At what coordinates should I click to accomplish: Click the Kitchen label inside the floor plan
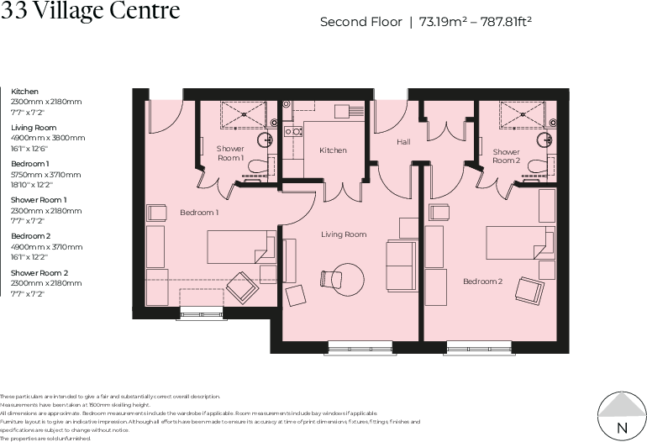pyautogui.click(x=333, y=150)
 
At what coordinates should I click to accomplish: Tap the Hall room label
pyautogui.click(x=404, y=143)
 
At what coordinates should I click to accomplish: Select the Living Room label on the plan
pyautogui.click(x=344, y=234)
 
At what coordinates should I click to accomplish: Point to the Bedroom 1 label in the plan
pyautogui.click(x=199, y=213)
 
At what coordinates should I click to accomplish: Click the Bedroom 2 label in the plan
pyautogui.click(x=483, y=281)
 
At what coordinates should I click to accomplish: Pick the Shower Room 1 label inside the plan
pyautogui.click(x=230, y=153)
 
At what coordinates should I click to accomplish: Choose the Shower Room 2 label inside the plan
pyautogui.click(x=508, y=155)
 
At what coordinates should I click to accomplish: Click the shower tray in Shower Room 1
pyautogui.click(x=245, y=113)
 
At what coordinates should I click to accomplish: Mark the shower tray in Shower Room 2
pyautogui.click(x=522, y=113)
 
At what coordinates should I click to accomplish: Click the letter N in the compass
pyautogui.click(x=622, y=428)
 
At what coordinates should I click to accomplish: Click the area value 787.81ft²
pyautogui.click(x=505, y=22)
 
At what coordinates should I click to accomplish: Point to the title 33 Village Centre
pyautogui.click(x=90, y=11)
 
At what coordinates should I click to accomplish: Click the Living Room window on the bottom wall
pyautogui.click(x=351, y=345)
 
